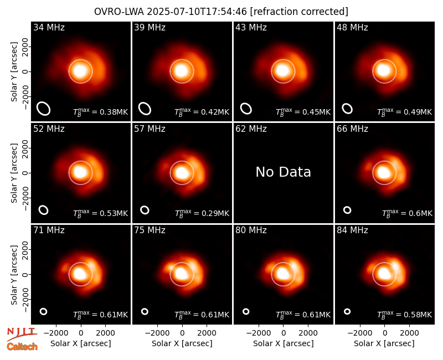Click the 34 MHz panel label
tap(49, 27)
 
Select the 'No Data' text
tap(283, 172)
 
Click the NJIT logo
tap(22, 334)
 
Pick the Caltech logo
tap(22, 347)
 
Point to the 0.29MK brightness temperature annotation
tap(202, 213)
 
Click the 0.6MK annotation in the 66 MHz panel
tap(407, 213)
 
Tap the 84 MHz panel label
tap(352, 230)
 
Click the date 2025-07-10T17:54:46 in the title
tap(197, 12)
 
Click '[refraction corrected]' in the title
tap(299, 12)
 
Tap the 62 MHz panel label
tap(251, 129)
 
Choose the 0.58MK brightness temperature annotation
tap(405, 315)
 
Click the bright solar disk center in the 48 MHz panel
tap(384, 71)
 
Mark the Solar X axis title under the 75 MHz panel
tap(182, 343)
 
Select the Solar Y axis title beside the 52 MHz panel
tap(14, 173)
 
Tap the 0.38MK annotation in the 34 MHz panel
tap(101, 112)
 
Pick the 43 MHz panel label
tap(251, 27)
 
